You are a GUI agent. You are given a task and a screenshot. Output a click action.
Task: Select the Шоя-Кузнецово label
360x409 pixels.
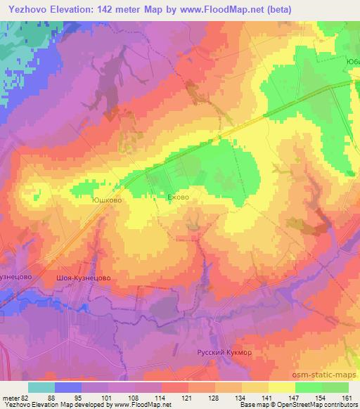pos(82,278)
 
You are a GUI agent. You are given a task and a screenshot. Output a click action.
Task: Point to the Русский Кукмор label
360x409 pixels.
pos(222,351)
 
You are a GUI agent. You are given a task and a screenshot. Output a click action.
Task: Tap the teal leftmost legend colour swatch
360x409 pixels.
pos(41,387)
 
